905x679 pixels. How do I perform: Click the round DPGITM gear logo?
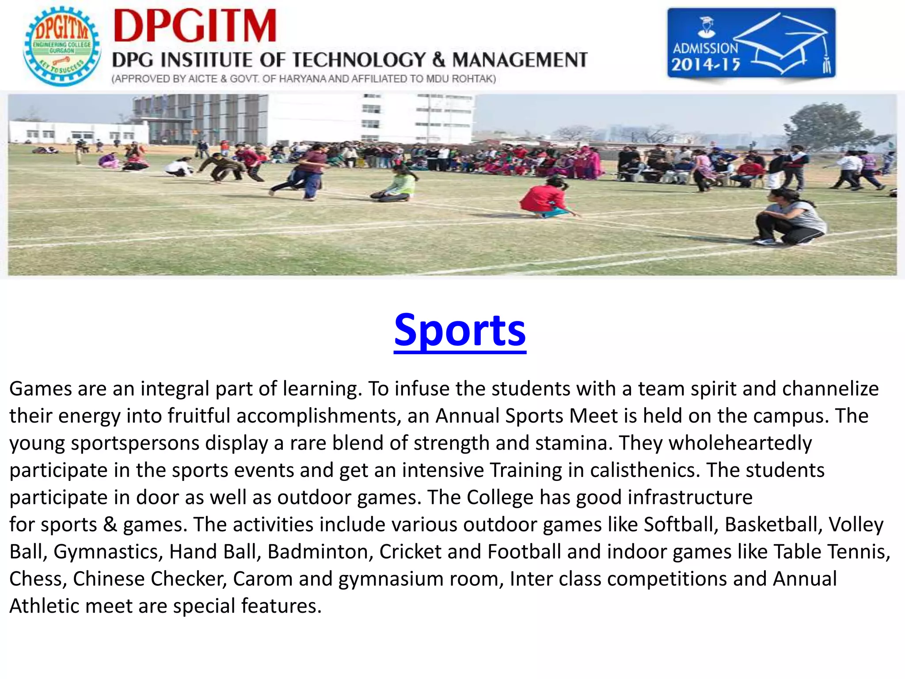coord(62,46)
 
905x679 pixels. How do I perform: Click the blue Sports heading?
coord(460,331)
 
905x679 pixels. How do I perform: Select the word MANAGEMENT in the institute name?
coord(520,60)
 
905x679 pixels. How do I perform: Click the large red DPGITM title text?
coord(195,27)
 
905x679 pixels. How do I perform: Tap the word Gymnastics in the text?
coord(109,552)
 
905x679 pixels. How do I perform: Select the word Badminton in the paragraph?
coord(320,552)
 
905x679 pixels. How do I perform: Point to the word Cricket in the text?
coord(410,552)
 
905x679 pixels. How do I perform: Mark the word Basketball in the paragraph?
coord(773,525)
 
